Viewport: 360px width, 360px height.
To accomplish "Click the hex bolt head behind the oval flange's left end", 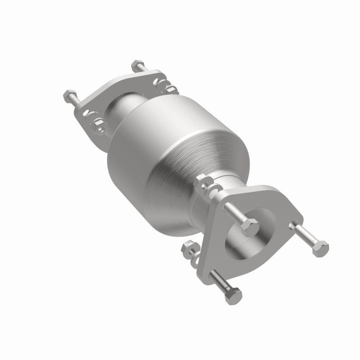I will point(68,95).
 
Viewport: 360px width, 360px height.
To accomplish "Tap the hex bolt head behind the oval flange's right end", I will point(138,66).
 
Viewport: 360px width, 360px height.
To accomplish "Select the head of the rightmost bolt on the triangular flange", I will point(320,248).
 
